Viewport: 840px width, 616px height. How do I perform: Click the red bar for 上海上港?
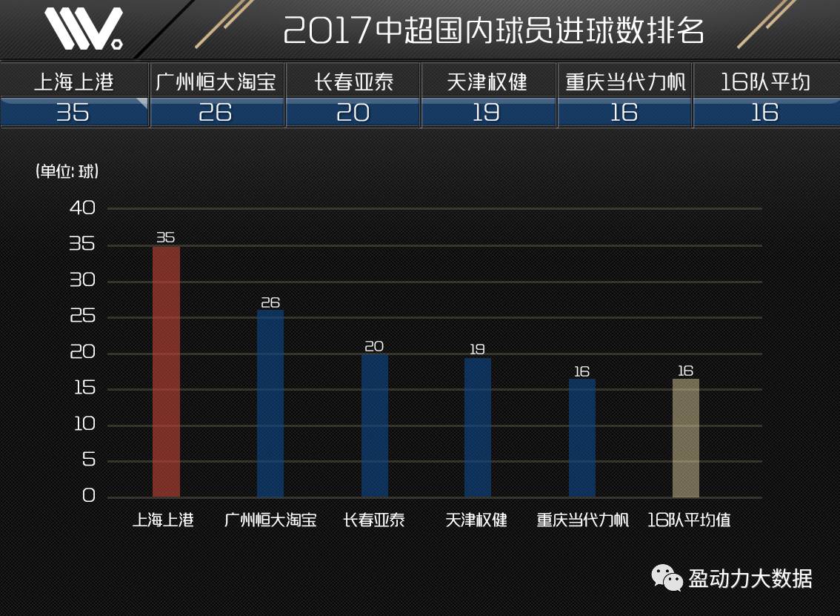point(166,371)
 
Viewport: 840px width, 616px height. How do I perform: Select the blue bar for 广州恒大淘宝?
point(270,403)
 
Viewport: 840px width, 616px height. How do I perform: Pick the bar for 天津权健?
point(478,427)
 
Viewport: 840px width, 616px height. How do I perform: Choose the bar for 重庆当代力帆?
point(582,437)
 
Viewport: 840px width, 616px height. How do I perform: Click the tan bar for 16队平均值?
point(686,437)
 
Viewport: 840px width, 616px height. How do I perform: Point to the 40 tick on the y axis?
point(82,208)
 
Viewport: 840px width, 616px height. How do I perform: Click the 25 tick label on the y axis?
point(82,317)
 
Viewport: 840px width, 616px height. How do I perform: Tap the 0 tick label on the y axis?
point(89,496)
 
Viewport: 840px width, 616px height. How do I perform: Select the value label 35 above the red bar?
point(165,237)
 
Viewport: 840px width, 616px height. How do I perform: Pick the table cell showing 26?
point(216,112)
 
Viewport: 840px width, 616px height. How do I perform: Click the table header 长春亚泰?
point(353,81)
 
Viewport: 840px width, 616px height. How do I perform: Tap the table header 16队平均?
point(765,81)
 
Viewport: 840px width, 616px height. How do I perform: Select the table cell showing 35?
point(73,112)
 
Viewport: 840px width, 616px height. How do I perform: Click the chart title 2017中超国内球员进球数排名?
point(493,30)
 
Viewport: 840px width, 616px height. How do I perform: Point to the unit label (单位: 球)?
point(67,171)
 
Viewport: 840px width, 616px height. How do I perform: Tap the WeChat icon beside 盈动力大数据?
point(667,577)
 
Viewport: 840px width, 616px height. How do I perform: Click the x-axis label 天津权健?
point(477,520)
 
